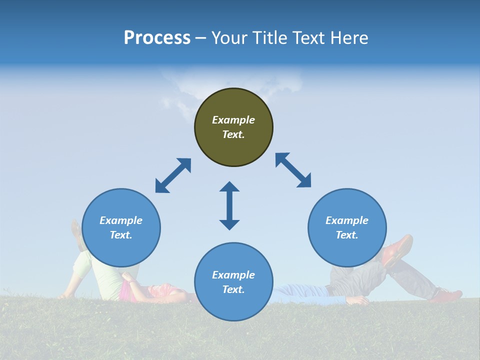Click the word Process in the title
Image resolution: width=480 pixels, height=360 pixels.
click(157, 38)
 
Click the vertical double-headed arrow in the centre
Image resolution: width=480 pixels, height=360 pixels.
click(229, 205)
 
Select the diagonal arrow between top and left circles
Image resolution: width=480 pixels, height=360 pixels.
click(173, 175)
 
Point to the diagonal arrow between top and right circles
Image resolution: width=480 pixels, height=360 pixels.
click(293, 170)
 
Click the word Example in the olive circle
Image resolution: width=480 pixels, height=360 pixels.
click(233, 120)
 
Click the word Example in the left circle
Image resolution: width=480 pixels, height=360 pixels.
click(121, 220)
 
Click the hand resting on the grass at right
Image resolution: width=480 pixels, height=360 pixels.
click(358, 300)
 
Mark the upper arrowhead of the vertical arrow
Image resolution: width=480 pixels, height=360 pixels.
click(229, 187)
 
